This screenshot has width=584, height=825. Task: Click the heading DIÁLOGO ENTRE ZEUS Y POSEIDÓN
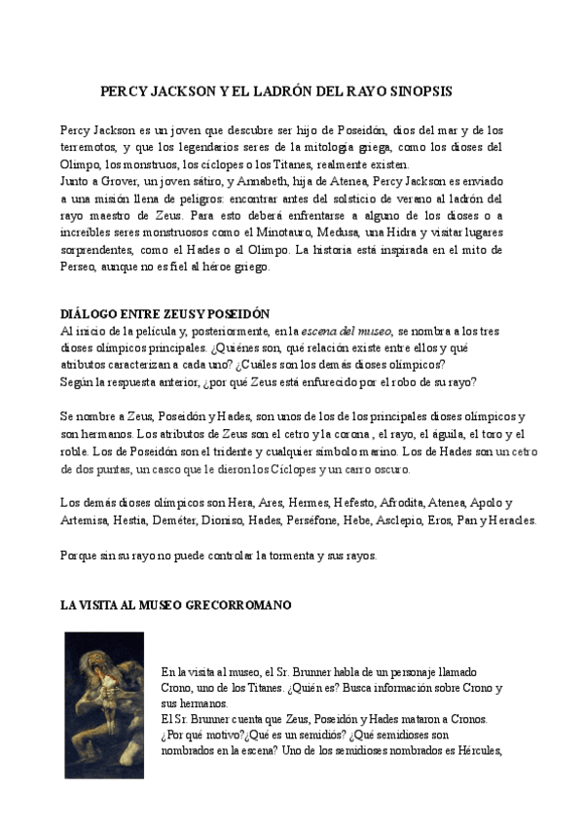click(x=164, y=314)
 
